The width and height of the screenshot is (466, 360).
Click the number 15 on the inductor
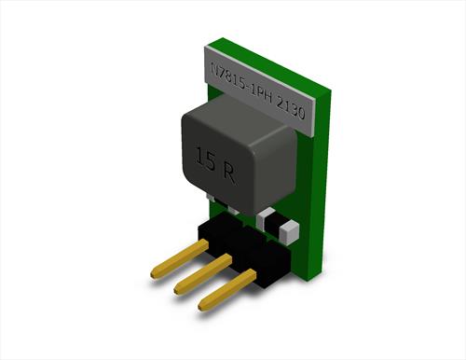[x=205, y=159]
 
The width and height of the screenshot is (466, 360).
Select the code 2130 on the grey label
[x=290, y=109]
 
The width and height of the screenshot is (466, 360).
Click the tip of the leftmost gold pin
[x=153, y=274]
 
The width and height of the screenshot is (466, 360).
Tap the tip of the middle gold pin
[x=177, y=289]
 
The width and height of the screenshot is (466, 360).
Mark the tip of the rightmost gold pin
[x=200, y=306]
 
